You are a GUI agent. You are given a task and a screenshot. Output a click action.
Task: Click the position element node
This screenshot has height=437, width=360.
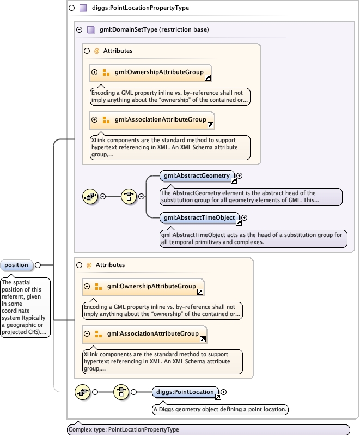tap(16, 265)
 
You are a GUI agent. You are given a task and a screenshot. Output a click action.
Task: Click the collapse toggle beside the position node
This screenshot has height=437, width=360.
tap(38, 265)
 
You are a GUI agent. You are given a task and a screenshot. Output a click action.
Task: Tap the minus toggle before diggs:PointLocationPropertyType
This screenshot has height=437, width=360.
tap(72, 8)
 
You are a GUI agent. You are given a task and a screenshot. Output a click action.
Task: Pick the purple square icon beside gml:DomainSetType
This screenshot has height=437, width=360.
tap(91, 29)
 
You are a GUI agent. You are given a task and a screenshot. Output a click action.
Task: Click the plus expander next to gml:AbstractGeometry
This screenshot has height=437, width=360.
tap(239, 176)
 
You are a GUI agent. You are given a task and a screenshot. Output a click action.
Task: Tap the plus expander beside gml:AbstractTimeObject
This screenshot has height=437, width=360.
tap(244, 218)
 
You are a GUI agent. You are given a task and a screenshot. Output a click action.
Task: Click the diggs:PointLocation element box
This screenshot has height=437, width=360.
tap(185, 392)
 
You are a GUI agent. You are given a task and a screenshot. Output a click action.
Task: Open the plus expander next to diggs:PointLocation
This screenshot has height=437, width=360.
tap(223, 392)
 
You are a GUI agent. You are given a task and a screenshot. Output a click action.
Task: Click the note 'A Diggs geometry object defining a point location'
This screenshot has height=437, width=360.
tap(221, 409)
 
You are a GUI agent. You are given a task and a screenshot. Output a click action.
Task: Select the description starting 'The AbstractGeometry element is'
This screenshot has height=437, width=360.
tap(251, 197)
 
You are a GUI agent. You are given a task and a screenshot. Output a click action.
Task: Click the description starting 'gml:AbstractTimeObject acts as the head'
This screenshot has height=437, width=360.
tap(253, 239)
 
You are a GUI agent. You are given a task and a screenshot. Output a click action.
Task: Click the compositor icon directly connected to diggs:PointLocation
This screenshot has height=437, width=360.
tap(121, 392)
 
